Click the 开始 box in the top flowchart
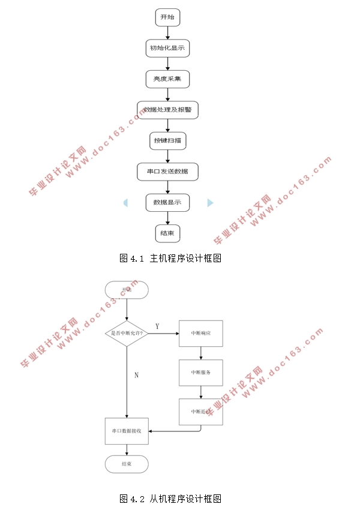click(x=167, y=17)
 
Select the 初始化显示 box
click(x=167, y=48)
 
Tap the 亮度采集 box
click(x=167, y=79)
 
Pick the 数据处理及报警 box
click(x=167, y=110)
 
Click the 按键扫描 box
click(x=167, y=141)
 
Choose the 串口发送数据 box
click(x=167, y=172)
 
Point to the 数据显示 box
click(x=167, y=202)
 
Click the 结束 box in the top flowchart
click(x=167, y=233)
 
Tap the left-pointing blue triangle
click(x=125, y=203)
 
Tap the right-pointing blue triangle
click(x=210, y=203)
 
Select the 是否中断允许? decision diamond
click(x=127, y=333)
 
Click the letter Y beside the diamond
click(x=157, y=326)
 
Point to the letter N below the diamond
click(x=136, y=375)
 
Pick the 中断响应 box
click(x=200, y=333)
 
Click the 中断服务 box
click(x=200, y=373)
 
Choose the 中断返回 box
click(x=200, y=412)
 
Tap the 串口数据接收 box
click(x=127, y=431)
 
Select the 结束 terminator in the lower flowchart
click(x=127, y=464)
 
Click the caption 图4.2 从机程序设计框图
click(x=171, y=499)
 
